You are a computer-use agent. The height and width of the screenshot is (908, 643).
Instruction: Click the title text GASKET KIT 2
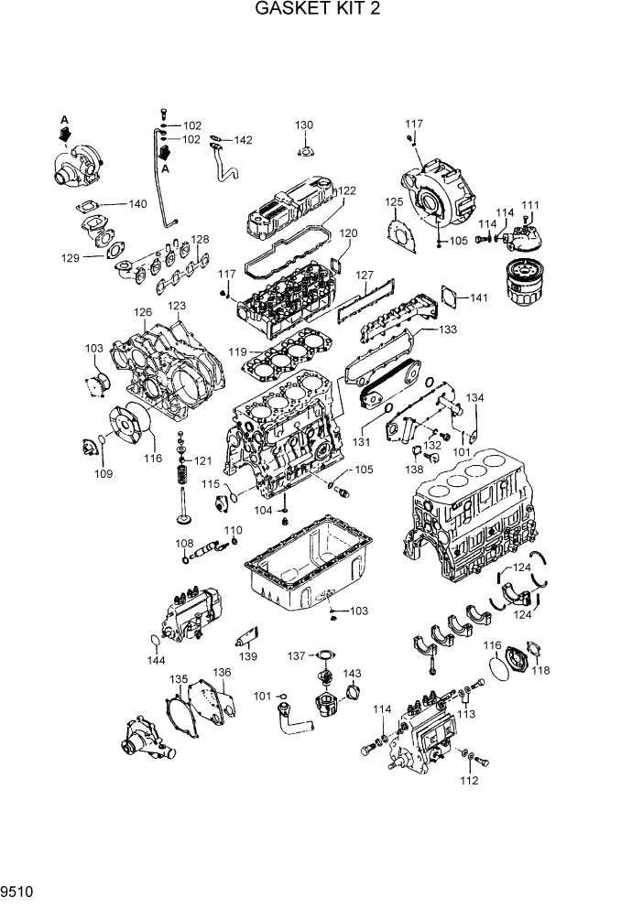click(317, 10)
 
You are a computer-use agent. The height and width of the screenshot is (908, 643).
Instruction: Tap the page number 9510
click(18, 889)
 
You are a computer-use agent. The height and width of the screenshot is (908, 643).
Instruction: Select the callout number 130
click(304, 125)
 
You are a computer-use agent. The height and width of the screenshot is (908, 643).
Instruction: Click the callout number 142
click(242, 140)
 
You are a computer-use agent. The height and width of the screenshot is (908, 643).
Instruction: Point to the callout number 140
click(136, 204)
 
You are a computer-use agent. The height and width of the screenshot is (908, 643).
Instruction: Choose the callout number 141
click(480, 298)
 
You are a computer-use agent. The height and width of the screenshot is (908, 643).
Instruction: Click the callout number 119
click(237, 351)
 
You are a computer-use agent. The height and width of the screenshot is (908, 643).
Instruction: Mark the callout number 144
click(157, 660)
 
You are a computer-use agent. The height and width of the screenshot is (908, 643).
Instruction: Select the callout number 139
click(247, 656)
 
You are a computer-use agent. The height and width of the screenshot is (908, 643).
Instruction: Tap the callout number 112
click(469, 781)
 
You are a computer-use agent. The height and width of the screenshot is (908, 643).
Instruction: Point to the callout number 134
click(474, 398)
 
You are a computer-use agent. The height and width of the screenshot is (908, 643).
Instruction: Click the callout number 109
click(104, 473)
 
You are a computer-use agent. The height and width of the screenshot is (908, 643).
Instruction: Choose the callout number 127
click(365, 276)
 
